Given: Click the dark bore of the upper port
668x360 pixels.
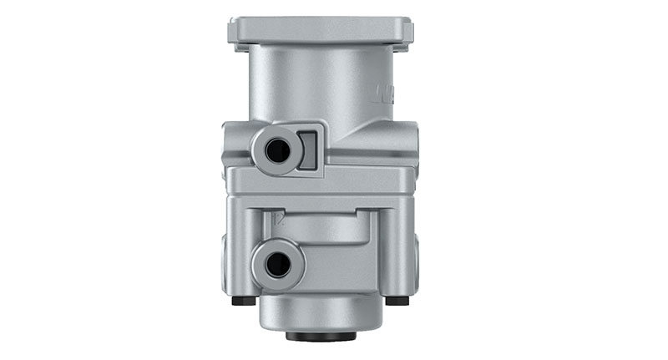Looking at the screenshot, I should [278, 151].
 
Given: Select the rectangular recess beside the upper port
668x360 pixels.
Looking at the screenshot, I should [309, 150].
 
